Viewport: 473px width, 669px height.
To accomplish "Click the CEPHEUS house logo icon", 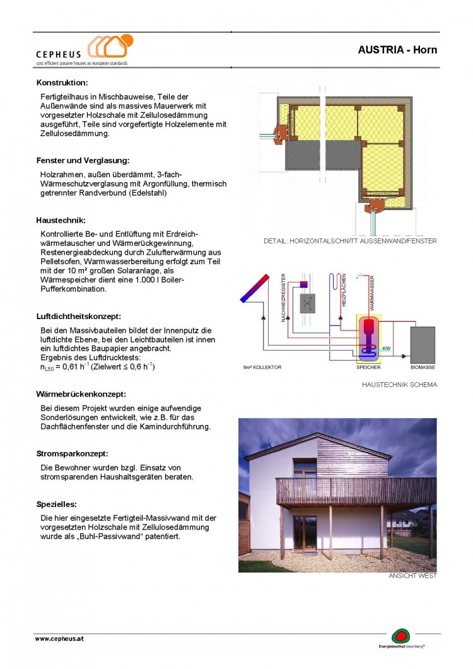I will (x=110, y=47).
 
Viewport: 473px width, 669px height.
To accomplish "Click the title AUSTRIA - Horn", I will (x=397, y=50).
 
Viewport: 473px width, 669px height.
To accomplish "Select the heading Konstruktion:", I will (x=62, y=83).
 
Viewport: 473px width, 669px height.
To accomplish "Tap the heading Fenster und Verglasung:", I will (x=83, y=161).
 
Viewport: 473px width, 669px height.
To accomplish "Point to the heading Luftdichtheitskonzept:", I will (x=78, y=316).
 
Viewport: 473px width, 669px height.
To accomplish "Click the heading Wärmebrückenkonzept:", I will (x=81, y=394).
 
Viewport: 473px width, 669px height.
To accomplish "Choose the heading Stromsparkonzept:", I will (x=72, y=453).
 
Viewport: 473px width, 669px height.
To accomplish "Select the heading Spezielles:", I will (x=57, y=504).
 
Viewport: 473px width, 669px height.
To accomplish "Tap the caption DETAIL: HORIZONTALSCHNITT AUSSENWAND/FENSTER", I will (x=350, y=241).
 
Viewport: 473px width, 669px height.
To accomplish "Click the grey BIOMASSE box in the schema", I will (x=422, y=343).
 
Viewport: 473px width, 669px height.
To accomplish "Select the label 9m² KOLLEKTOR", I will (x=262, y=367).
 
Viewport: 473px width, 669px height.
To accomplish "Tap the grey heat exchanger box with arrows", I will (x=308, y=303).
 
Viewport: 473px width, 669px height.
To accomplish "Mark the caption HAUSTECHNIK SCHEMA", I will (x=399, y=385).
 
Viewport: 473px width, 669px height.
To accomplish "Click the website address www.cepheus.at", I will (x=59, y=638).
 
